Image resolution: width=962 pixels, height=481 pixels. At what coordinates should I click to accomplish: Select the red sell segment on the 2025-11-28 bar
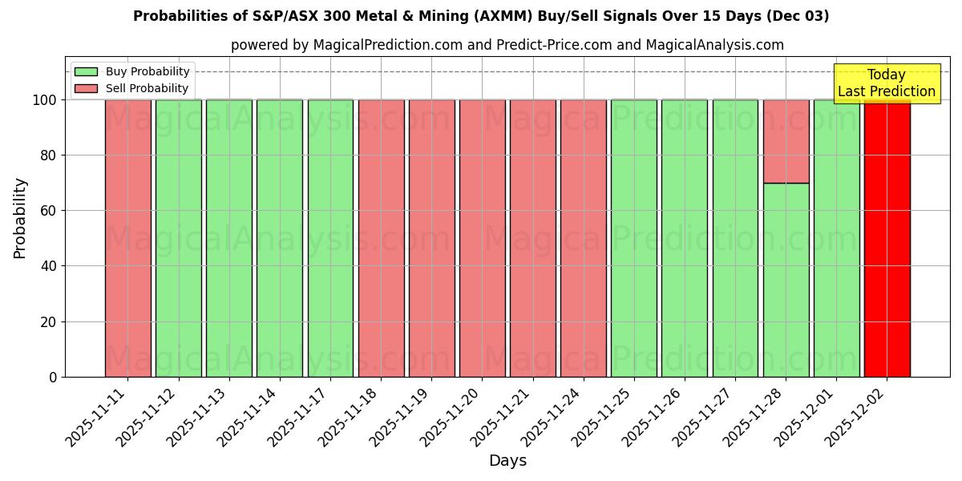pyautogui.click(x=786, y=141)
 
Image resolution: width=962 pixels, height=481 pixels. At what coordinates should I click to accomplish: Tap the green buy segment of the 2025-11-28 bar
pyautogui.click(x=786, y=280)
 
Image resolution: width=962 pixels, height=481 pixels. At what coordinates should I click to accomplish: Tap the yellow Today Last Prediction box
pyautogui.click(x=886, y=83)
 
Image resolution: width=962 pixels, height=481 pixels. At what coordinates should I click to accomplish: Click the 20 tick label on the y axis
pyautogui.click(x=49, y=322)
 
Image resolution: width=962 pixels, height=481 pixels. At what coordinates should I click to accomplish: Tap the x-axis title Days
pyautogui.click(x=507, y=461)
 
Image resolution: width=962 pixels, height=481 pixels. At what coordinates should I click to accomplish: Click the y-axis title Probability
pyautogui.click(x=20, y=218)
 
